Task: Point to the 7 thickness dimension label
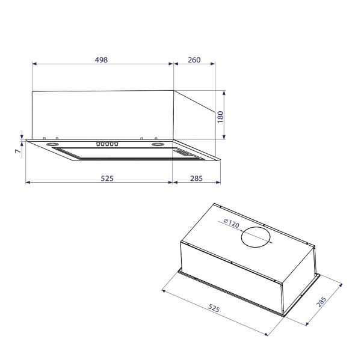(x=17, y=151)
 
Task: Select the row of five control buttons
(x=106, y=144)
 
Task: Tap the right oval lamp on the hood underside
(x=159, y=145)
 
